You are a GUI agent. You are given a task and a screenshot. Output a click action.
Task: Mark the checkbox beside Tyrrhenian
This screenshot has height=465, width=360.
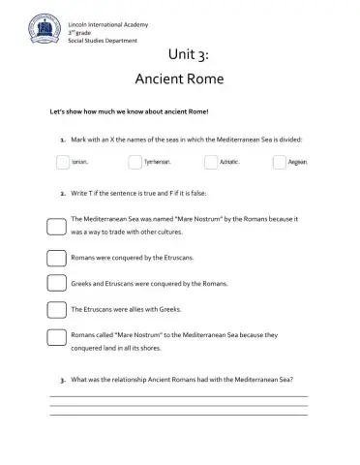pos(135,162)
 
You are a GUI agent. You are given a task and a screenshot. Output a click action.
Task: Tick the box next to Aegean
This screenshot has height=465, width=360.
pos(280,162)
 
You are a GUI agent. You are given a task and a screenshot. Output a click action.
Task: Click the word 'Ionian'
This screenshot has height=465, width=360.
pos(82,163)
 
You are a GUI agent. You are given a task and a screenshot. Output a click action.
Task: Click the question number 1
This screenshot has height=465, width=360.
pos(62,139)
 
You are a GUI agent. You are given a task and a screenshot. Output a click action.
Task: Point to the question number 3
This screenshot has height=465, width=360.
pos(62,379)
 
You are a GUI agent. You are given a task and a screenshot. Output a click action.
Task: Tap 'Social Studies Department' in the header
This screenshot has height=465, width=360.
pos(96,40)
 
